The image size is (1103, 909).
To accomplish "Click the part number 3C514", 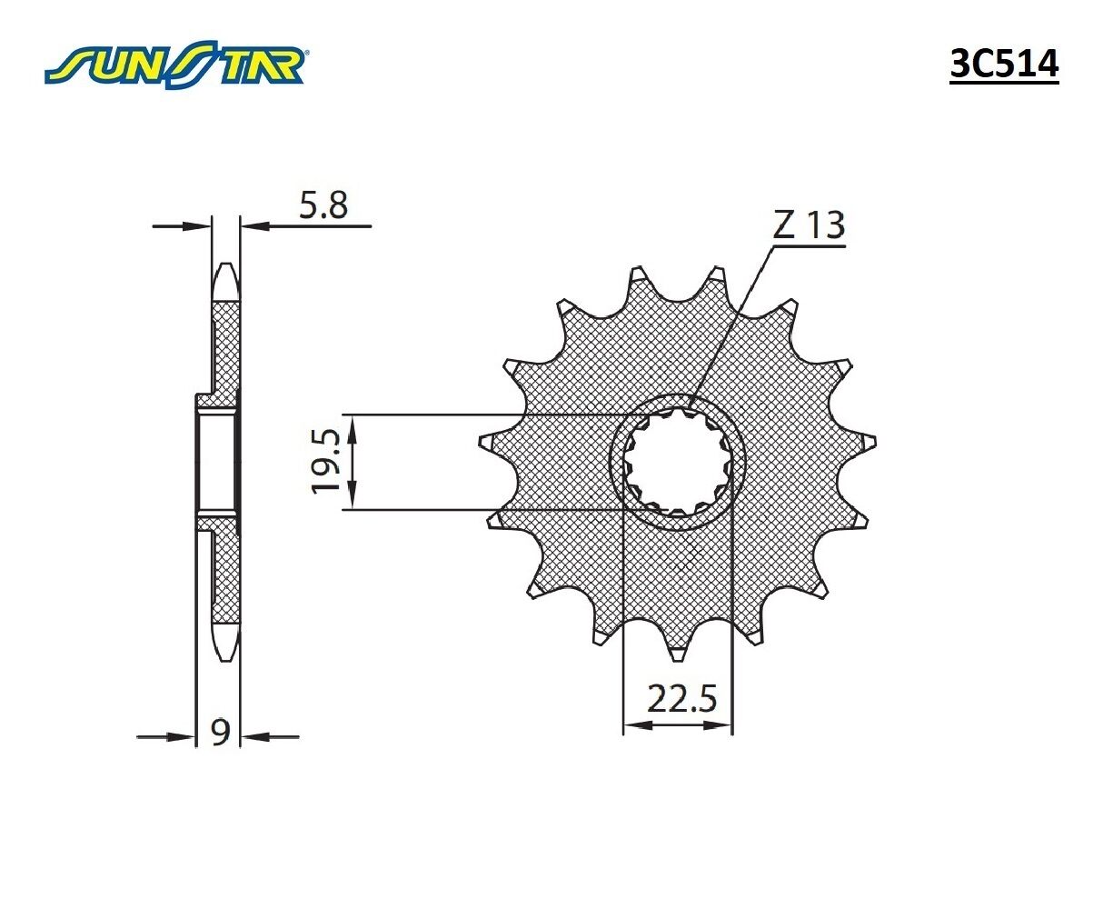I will pos(1003,65).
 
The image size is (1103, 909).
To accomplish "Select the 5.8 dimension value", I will pos(323,205).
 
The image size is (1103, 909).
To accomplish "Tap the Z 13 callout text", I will pos(809,225).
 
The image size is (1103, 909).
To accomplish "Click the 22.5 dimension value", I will pos(681,700).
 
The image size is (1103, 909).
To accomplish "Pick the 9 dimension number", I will pos(219,732).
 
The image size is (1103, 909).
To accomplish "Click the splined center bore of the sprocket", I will pos(678,463).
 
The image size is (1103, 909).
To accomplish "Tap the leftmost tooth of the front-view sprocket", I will pos(487,443).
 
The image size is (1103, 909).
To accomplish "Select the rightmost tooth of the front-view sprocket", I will pos(870,441).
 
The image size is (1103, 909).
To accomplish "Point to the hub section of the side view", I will pos(216,462).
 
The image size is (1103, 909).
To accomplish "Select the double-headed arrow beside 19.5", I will pos(353,462).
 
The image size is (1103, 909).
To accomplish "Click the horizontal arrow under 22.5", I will pos(678,725).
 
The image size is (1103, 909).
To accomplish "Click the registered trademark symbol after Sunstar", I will pos(308,53).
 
